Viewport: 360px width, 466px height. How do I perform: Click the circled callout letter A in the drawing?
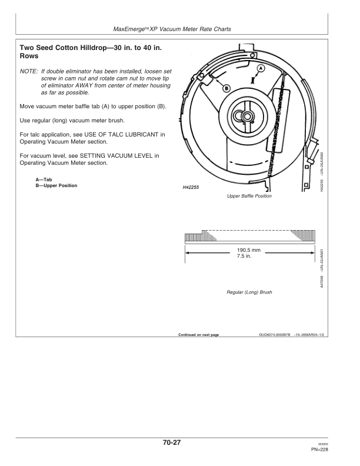click(x=261, y=68)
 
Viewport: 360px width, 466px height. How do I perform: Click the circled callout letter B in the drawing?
click(x=226, y=88)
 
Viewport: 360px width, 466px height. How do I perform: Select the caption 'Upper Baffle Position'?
click(x=249, y=196)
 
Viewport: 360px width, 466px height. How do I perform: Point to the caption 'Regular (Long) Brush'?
click(x=249, y=292)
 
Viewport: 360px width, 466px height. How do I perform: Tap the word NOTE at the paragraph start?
click(x=29, y=70)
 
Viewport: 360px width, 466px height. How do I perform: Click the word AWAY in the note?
click(x=96, y=85)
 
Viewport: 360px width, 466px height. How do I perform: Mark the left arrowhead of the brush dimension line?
click(x=187, y=253)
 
